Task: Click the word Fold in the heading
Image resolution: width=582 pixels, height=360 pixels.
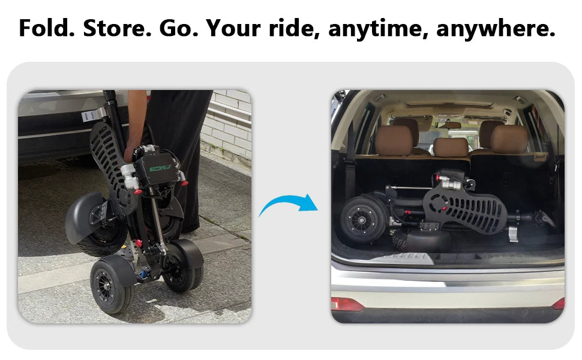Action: [47, 28]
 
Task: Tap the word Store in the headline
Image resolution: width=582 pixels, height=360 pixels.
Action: [117, 28]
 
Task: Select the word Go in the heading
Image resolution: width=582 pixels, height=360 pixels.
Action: [179, 28]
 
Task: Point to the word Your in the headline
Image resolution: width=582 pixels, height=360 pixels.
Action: [233, 28]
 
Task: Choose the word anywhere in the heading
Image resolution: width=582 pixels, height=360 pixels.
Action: [496, 29]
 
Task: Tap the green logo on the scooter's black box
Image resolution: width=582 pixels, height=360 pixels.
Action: [160, 169]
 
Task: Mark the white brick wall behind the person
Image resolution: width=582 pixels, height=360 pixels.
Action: [228, 122]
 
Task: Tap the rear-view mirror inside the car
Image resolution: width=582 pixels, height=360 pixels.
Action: [448, 125]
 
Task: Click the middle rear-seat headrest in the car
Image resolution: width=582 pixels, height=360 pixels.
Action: [451, 147]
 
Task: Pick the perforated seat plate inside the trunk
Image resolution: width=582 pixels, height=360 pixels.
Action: [465, 208]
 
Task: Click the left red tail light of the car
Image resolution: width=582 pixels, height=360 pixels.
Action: [346, 304]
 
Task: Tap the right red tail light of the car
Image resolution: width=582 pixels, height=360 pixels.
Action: [559, 304]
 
